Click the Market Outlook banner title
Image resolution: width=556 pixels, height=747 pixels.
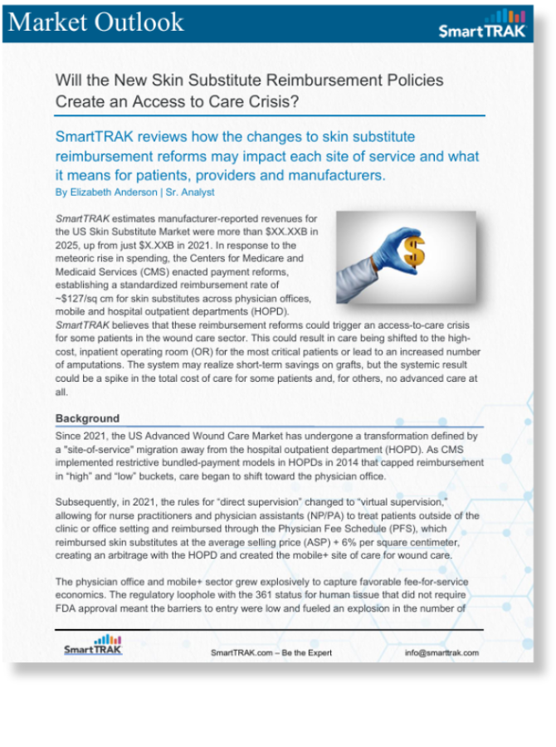coord(95,22)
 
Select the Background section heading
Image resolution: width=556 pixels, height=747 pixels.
coord(87,418)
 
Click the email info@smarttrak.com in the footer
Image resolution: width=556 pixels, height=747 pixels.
coord(441,653)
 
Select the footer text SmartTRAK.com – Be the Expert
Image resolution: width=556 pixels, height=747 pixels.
coord(271,653)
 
